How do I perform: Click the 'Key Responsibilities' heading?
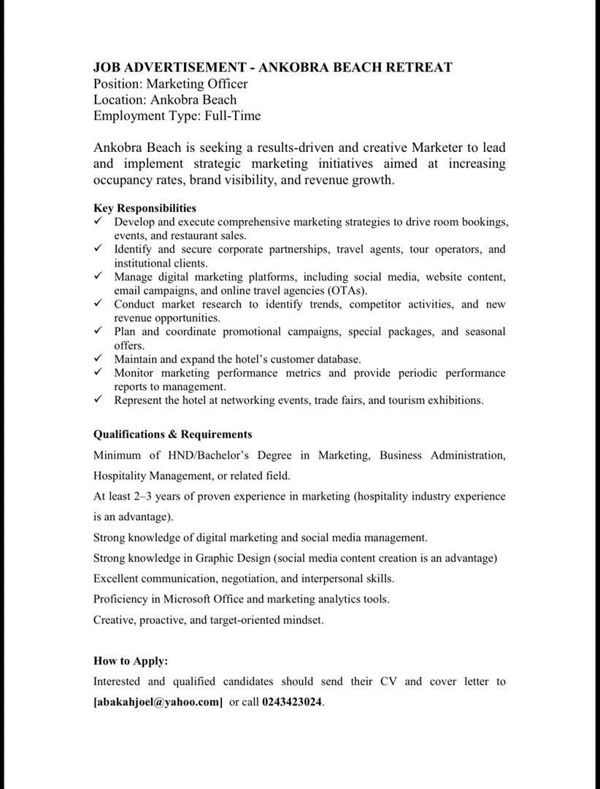(x=145, y=208)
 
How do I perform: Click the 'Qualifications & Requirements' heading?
(x=172, y=434)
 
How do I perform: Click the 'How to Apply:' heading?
(x=131, y=660)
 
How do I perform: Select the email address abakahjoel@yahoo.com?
(x=158, y=702)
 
